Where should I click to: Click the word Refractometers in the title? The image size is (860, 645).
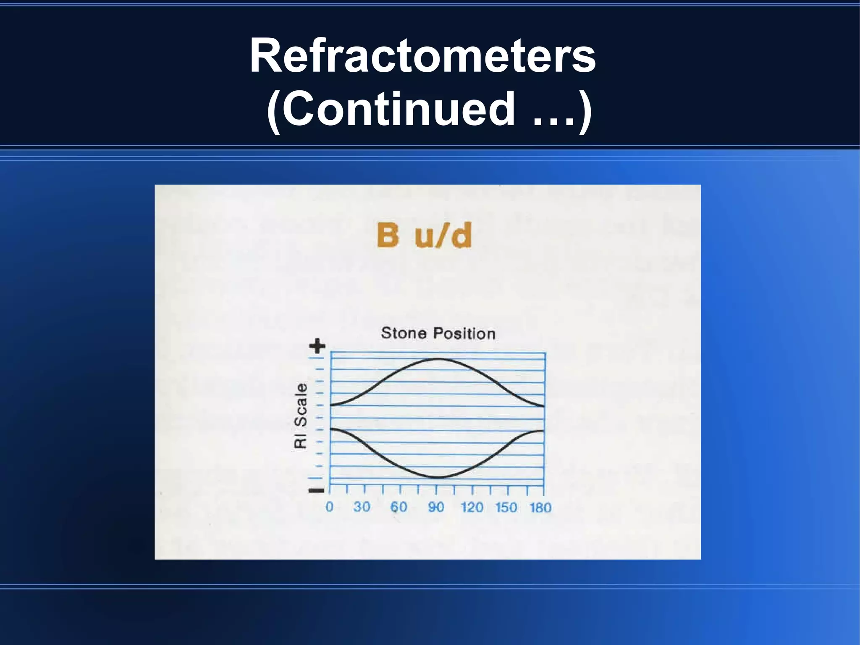pos(422,56)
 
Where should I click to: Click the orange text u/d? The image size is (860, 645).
pos(443,235)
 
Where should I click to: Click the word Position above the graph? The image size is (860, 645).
pos(464,334)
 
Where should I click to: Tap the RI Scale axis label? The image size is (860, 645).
pos(301,416)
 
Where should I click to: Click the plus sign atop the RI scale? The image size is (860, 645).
pos(317,346)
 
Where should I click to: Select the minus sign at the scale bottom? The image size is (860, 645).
pos(316,490)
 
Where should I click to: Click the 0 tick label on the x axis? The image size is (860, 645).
pos(330,507)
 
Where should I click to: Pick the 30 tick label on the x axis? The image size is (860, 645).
pos(362,507)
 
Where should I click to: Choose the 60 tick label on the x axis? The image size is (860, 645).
pos(399,507)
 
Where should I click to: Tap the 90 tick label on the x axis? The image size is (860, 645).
pos(436,507)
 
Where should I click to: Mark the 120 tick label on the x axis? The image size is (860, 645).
pos(472,507)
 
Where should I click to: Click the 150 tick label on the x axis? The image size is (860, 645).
pos(506,507)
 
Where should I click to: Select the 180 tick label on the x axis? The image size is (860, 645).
pos(540,508)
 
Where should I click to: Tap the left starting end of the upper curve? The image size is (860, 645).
pos(332,405)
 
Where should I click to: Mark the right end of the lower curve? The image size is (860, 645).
pos(543,431)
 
